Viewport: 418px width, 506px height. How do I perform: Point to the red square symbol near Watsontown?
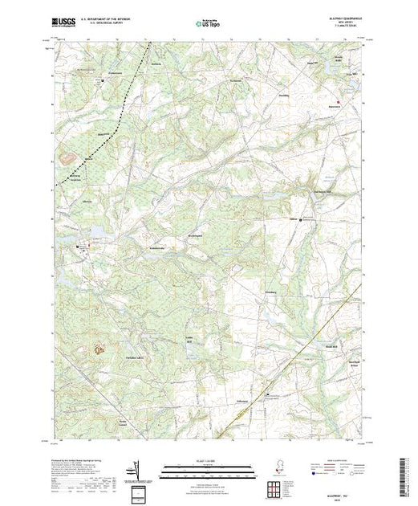click(x=338, y=102)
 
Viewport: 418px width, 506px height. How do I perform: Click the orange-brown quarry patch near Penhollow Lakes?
click(x=99, y=349)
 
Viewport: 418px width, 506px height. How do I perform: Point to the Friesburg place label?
click(x=270, y=292)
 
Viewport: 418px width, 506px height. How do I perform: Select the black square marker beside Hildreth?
click(x=301, y=218)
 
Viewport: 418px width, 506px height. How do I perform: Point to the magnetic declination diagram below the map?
click(x=138, y=466)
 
